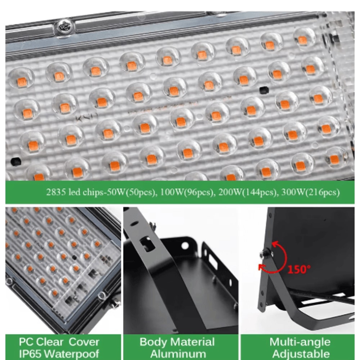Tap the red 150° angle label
[x=299, y=269]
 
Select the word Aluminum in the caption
[x=178, y=354]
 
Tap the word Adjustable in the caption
[x=300, y=354]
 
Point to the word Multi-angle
[x=300, y=342]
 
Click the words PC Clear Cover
[x=59, y=342]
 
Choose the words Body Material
[x=177, y=342]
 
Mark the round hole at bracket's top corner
[x=185, y=246]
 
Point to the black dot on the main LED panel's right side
[x=263, y=88]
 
